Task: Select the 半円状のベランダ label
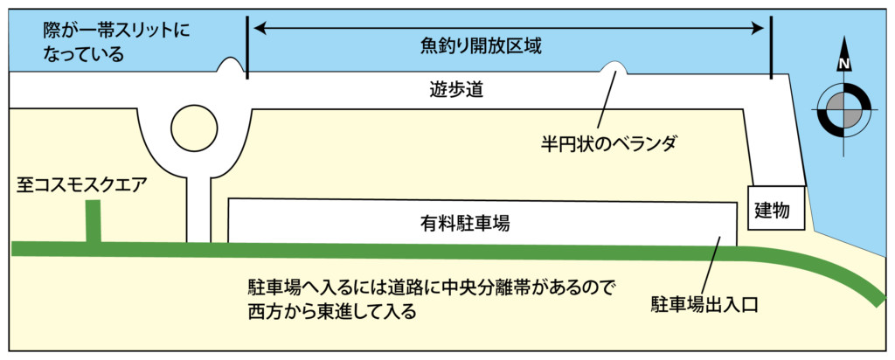coord(608,141)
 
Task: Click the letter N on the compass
coord(844,64)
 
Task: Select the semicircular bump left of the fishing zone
coord(231,66)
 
